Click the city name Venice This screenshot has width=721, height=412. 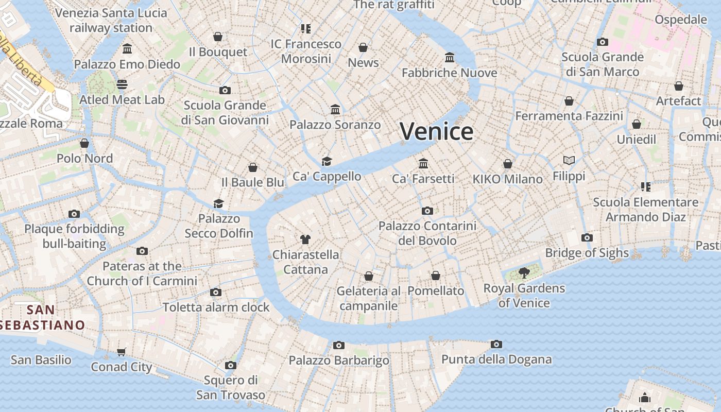pyautogui.click(x=436, y=131)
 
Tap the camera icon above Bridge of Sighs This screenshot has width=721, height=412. pyautogui.click(x=587, y=237)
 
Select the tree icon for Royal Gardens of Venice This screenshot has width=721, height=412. pyautogui.click(x=524, y=272)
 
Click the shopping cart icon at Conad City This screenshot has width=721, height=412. pyautogui.click(x=121, y=352)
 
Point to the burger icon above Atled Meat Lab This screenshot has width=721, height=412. pyautogui.click(x=122, y=84)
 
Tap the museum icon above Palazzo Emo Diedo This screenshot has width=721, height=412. pyautogui.click(x=127, y=49)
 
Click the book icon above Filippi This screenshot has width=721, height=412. pyautogui.click(x=569, y=161)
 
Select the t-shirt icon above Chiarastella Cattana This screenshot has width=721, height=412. pyautogui.click(x=305, y=239)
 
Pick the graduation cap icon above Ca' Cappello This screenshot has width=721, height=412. pyautogui.click(x=327, y=161)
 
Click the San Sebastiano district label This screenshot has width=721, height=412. pyautogui.click(x=41, y=317)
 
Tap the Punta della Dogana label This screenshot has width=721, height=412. pyautogui.click(x=496, y=359)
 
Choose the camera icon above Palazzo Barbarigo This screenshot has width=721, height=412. pyautogui.click(x=338, y=345)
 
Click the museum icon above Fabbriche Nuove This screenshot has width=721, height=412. pyautogui.click(x=450, y=57)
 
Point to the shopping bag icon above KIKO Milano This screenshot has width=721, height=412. pyautogui.click(x=507, y=164)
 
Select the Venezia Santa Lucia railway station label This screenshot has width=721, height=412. pyautogui.click(x=111, y=20)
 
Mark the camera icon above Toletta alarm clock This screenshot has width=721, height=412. pyautogui.click(x=216, y=292)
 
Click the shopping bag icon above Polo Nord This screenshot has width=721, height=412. pyautogui.click(x=84, y=143)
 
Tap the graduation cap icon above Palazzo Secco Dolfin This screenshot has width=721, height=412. pyautogui.click(x=219, y=203)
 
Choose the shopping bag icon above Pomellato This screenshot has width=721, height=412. pyautogui.click(x=436, y=276)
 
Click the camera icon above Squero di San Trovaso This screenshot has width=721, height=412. pyautogui.click(x=230, y=365)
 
